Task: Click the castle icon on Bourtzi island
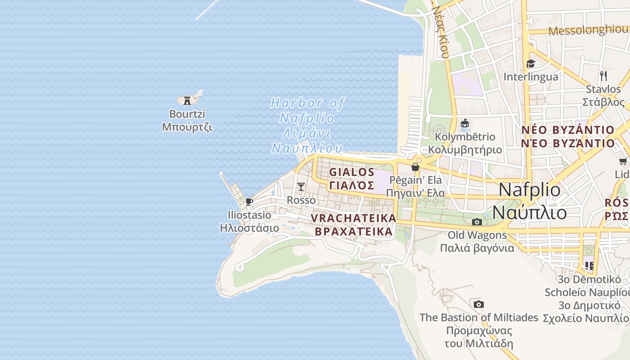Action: coord(187,100)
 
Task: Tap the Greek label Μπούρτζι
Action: coord(187,127)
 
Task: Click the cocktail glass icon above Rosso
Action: coord(301,186)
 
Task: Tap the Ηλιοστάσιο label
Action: coord(249,228)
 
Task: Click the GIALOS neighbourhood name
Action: coord(352,172)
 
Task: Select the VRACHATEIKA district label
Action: coord(354,218)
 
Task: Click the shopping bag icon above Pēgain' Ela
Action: coord(415,167)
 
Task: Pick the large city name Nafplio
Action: coord(530,190)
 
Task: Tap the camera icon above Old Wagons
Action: coord(477,222)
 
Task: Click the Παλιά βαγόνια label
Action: coord(477,248)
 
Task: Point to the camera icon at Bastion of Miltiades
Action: coord(479,305)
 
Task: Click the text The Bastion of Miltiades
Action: coord(479,317)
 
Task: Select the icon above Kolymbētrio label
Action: coord(465,123)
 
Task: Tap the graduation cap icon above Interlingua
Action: coord(531,63)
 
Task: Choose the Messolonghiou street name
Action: coord(588,31)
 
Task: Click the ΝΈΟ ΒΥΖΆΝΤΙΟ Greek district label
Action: coord(568,144)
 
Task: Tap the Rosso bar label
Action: coord(301,200)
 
